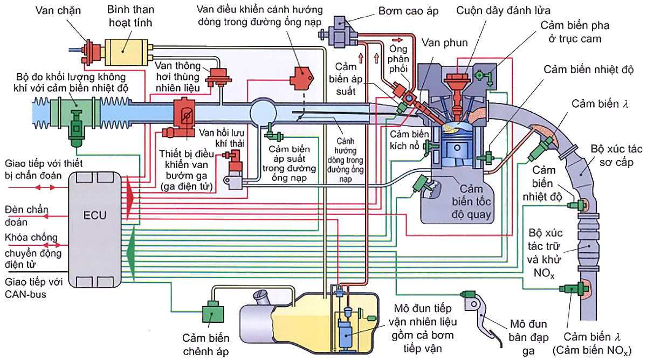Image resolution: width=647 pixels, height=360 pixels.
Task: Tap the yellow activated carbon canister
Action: (x=126, y=52)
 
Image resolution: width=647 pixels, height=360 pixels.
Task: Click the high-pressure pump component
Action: (x=339, y=31)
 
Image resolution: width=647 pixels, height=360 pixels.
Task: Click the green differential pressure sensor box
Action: (x=212, y=314)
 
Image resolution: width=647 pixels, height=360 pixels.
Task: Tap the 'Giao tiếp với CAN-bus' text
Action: (x=33, y=288)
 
